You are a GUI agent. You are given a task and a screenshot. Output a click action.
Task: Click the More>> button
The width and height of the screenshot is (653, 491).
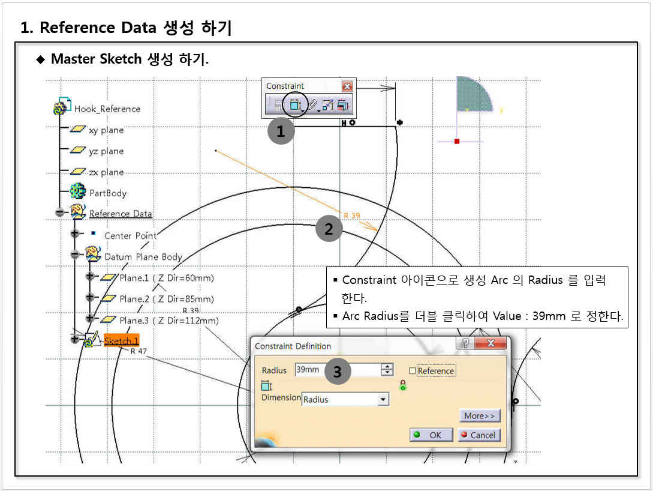click(x=479, y=416)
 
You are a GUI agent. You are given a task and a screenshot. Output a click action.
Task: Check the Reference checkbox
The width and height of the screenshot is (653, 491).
click(x=412, y=371)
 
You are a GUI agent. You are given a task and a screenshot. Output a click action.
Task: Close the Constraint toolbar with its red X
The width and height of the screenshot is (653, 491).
click(x=347, y=86)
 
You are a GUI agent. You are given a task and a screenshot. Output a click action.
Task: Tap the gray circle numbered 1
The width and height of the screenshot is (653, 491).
click(x=281, y=130)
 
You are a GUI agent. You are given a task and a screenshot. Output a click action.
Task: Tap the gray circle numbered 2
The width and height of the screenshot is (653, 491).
click(x=329, y=229)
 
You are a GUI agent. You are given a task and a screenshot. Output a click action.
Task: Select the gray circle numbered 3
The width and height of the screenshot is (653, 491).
click(x=337, y=372)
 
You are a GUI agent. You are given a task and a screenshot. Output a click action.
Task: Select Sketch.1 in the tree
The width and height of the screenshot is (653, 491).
click(x=121, y=341)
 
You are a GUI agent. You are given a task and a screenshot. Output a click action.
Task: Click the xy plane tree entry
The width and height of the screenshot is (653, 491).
click(x=106, y=130)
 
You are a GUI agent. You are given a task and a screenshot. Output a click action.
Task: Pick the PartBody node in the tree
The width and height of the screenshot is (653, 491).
click(x=108, y=193)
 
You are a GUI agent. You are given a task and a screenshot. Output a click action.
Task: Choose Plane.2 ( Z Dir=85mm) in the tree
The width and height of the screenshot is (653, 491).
click(x=166, y=299)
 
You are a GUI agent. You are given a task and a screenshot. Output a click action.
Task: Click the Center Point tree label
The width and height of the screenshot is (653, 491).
click(x=130, y=236)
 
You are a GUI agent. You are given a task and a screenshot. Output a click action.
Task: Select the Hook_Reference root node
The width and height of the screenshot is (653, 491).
click(x=107, y=109)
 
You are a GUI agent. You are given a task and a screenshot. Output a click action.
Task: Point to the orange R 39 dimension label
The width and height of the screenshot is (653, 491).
click(x=351, y=215)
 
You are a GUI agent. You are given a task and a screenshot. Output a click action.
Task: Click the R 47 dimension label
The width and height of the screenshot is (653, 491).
click(x=139, y=351)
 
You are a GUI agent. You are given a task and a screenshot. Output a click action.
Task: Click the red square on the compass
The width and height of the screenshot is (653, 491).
click(x=457, y=141)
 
